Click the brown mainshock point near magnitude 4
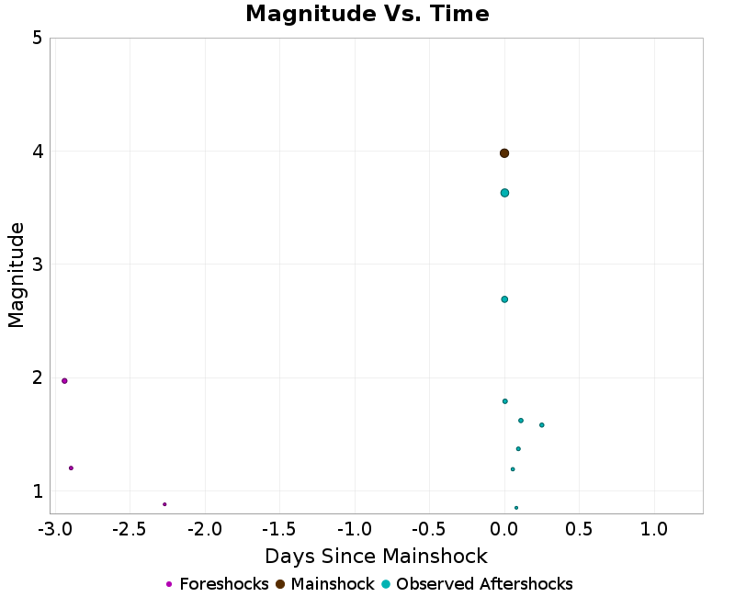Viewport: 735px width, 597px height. [x=504, y=153]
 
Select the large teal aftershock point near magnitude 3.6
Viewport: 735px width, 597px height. [x=504, y=193]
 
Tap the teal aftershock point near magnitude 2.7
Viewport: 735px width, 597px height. [x=504, y=299]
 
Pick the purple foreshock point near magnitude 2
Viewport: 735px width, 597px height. [x=64, y=381]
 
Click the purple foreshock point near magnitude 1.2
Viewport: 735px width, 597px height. [x=71, y=468]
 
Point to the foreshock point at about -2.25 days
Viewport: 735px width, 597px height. [x=164, y=504]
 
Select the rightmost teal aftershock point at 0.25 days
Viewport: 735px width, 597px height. [x=542, y=425]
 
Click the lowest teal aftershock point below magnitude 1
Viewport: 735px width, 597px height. [x=516, y=508]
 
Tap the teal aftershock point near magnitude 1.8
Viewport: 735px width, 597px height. [x=505, y=401]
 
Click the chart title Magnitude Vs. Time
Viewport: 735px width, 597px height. [x=367, y=14]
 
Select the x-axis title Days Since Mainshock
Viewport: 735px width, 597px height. [x=376, y=557]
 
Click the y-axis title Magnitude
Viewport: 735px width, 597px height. [x=16, y=276]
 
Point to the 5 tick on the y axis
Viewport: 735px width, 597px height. [x=37, y=39]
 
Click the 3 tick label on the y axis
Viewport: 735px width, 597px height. [x=37, y=265]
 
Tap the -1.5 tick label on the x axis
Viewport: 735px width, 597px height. [x=279, y=530]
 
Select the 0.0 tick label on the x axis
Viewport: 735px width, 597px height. [x=504, y=530]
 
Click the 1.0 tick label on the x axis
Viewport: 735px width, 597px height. [x=654, y=530]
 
